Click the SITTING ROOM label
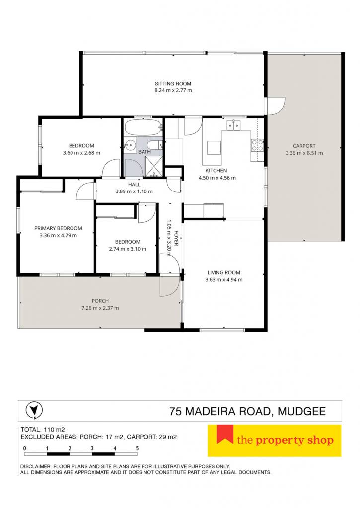173,83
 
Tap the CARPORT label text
304,146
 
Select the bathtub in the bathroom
143,127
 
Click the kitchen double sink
233,125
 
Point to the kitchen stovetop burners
258,145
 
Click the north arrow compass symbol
34,410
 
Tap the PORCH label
100,301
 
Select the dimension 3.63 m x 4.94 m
224,280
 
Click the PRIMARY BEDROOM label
59,228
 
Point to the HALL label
134,185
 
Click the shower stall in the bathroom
154,167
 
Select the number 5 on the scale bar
137,448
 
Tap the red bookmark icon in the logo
225,434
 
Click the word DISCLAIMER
34,466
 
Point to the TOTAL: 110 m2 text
43,430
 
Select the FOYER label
176,238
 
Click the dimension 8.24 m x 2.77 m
173,91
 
